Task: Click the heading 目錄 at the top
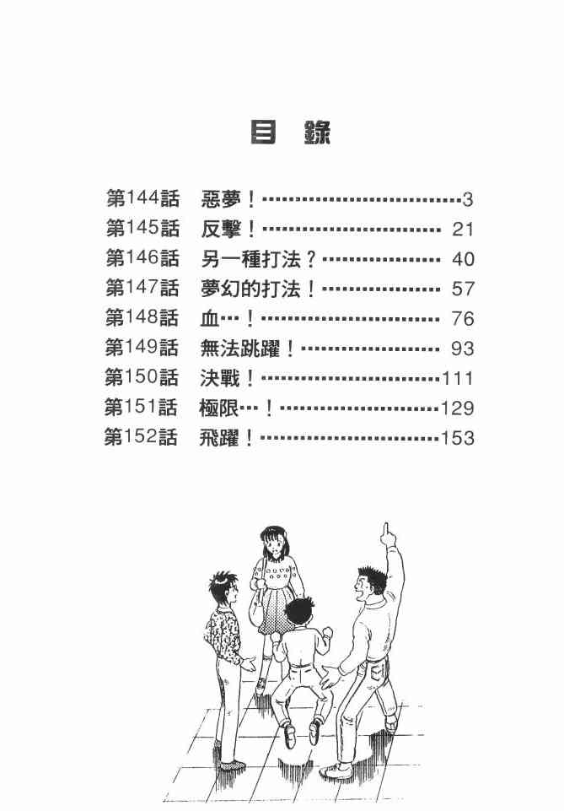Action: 291,132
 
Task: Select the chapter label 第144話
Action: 142,199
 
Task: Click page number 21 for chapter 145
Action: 463,230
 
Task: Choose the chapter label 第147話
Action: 142,289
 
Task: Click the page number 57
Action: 463,289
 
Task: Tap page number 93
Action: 463,349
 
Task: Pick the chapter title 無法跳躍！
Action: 250,349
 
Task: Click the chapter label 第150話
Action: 142,378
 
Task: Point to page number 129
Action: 458,408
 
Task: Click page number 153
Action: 458,438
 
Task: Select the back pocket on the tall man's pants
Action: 368,673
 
